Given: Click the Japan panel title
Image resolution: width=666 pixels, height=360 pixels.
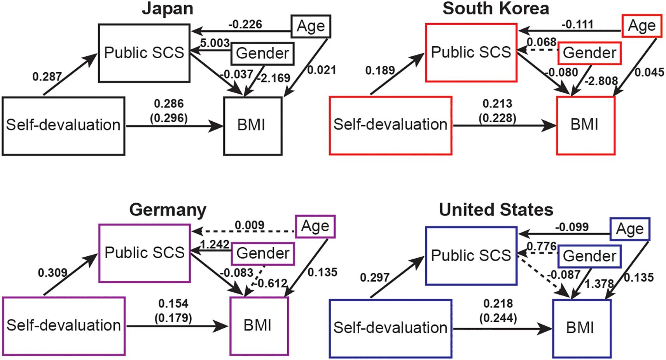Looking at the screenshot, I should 168,9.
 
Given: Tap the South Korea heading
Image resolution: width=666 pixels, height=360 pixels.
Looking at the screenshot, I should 496,9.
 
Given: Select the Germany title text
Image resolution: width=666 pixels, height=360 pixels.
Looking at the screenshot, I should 168,210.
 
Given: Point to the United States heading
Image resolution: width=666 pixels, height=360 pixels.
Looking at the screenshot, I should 496,210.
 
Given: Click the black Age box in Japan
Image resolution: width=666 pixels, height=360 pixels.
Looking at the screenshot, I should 311,26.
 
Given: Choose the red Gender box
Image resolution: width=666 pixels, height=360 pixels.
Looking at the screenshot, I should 589,53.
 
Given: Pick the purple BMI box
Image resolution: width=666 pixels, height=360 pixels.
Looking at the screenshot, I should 259,326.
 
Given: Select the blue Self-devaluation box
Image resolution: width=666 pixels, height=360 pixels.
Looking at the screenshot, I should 390,328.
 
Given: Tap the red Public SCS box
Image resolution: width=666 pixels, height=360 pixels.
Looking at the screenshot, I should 471,52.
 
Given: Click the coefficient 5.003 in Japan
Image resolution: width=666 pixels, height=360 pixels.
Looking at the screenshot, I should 215,43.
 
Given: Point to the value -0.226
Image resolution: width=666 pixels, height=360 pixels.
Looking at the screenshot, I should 245,24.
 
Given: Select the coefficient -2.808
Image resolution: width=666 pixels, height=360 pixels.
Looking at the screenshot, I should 601,80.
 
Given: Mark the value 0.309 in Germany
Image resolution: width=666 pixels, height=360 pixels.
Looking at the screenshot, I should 52,273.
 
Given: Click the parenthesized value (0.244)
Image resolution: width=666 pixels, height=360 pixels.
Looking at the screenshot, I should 498,318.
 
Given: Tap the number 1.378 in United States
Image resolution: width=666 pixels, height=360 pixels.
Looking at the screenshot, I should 599,284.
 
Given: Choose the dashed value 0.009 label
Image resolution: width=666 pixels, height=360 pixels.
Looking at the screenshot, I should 249,225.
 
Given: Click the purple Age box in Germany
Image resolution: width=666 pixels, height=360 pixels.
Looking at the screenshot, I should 315,226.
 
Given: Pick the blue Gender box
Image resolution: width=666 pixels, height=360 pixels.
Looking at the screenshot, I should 589,256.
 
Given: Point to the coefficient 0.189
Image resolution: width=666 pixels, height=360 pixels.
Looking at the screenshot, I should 380,71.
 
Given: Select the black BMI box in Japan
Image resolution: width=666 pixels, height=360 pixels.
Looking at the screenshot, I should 253,126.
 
